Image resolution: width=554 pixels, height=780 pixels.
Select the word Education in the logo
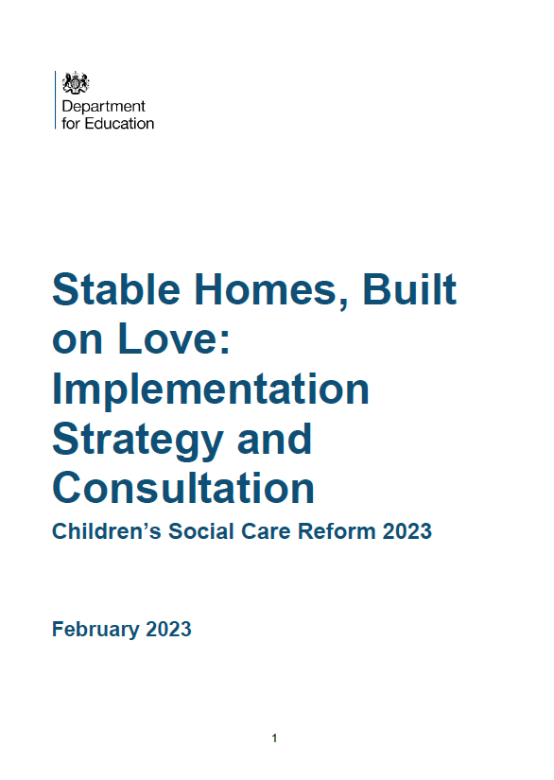click(117, 123)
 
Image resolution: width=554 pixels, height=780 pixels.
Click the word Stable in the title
click(111, 290)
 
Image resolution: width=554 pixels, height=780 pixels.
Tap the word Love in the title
click(171, 340)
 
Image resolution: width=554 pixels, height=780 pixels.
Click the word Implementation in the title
click(211, 390)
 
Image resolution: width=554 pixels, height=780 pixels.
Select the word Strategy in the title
click(132, 441)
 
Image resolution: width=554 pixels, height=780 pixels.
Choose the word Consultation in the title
click(183, 489)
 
